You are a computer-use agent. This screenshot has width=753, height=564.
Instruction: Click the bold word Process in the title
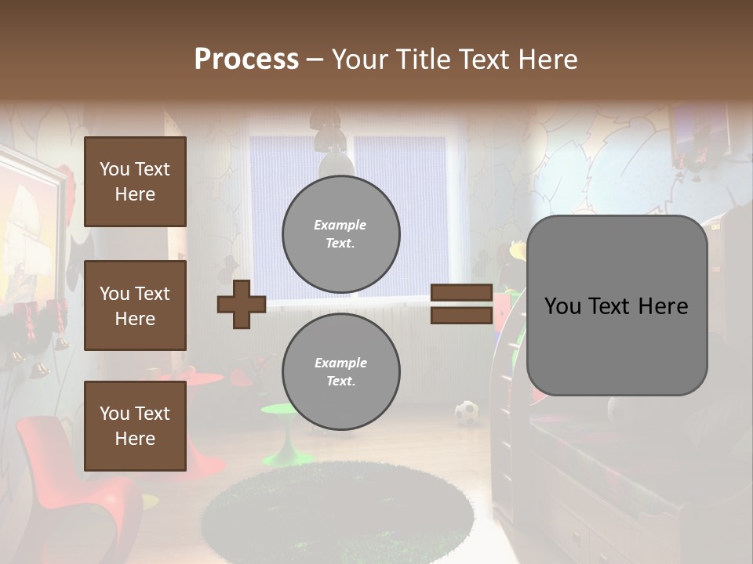click(x=246, y=59)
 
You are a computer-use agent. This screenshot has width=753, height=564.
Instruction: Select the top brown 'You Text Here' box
click(x=135, y=182)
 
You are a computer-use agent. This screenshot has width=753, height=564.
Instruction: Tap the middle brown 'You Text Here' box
click(x=135, y=305)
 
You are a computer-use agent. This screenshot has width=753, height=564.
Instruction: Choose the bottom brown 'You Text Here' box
click(x=135, y=425)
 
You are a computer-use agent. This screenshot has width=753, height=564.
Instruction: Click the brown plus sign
click(x=242, y=304)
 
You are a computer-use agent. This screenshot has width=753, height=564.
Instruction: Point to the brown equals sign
click(x=461, y=304)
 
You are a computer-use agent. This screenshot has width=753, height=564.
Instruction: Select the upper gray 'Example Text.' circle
click(x=340, y=233)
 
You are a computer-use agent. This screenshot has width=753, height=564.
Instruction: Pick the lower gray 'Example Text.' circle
click(x=340, y=371)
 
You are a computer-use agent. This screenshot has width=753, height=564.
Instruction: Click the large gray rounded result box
click(x=617, y=305)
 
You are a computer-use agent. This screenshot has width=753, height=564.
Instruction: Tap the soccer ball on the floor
click(x=467, y=412)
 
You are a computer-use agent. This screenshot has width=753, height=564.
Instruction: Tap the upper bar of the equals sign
click(x=461, y=293)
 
